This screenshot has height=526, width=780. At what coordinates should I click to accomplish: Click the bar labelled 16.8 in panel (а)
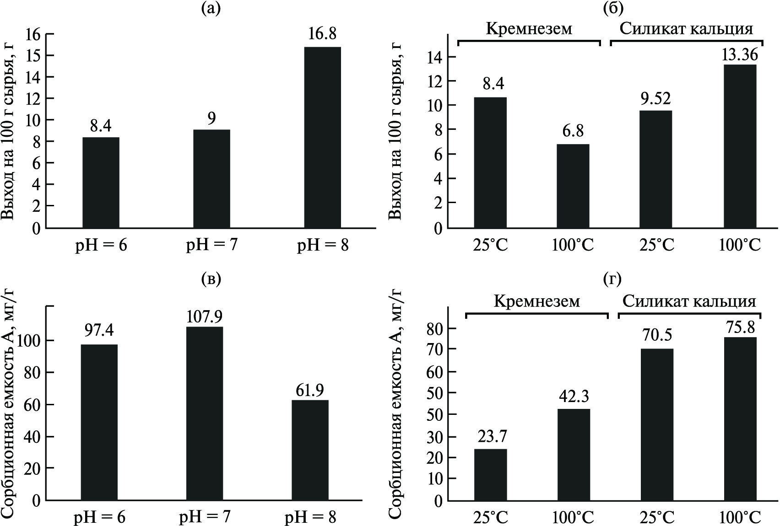click(x=322, y=137)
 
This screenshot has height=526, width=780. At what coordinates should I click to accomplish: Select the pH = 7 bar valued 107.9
click(x=205, y=413)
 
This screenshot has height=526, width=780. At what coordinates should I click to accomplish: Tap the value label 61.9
click(x=310, y=390)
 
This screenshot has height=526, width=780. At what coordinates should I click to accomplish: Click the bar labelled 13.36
click(x=740, y=146)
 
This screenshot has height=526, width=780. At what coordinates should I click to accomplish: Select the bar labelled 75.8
click(x=740, y=419)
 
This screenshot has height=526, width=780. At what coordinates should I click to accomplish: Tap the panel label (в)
click(x=211, y=279)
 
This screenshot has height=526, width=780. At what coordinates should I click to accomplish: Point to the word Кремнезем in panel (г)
click(x=536, y=301)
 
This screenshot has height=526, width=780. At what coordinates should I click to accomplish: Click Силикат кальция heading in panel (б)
click(x=686, y=29)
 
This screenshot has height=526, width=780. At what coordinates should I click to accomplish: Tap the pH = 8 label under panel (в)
click(x=310, y=517)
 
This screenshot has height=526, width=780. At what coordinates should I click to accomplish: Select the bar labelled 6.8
click(x=573, y=186)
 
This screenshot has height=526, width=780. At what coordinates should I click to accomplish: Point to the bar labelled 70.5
click(x=656, y=425)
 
